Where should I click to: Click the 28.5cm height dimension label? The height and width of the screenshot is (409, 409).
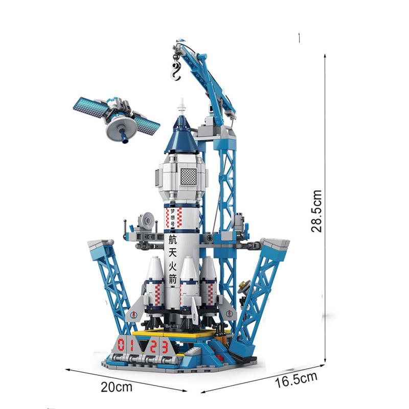coord(316,211)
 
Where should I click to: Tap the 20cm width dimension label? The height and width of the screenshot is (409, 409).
coord(117,387)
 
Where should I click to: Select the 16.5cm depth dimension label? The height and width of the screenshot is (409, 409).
coord(297,380)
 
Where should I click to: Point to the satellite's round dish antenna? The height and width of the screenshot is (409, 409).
coord(121,128)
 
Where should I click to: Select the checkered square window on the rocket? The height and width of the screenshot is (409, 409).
coord(188,176)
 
